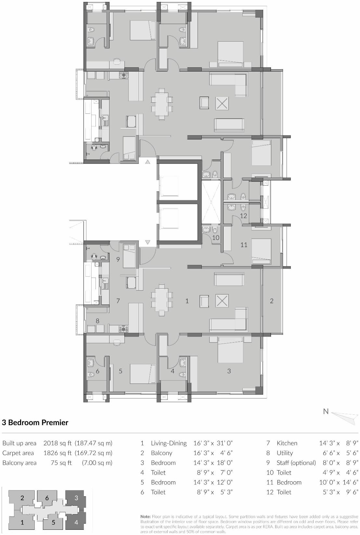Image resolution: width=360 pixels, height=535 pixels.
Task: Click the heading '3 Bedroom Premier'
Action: [x=35, y=423]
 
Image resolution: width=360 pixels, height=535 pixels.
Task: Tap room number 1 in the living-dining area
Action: [x=187, y=301]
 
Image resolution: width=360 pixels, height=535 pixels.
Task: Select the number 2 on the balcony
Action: [x=272, y=301]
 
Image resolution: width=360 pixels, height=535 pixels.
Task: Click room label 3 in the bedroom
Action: [x=229, y=371]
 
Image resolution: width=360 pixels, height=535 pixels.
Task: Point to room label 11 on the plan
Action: [x=244, y=245]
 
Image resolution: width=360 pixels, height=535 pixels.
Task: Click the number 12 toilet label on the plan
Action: [x=243, y=215]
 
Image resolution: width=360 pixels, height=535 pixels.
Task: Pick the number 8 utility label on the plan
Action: [x=97, y=321]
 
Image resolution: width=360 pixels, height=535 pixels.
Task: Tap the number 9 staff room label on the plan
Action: [x=118, y=259]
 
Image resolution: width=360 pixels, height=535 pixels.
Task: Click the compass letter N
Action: [x=326, y=411]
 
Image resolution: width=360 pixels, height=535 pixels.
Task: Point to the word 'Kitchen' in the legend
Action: [x=287, y=443]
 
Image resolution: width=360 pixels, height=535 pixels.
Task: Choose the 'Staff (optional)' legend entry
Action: [x=296, y=463]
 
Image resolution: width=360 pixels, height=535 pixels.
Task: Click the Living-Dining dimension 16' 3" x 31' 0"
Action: [x=213, y=443]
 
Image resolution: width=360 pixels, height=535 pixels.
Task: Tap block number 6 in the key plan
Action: [x=47, y=498]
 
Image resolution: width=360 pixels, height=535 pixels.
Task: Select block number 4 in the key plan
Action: [x=76, y=522]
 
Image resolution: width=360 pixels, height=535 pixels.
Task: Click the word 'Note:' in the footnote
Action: [x=145, y=516]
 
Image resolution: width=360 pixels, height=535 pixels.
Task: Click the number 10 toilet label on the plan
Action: [x=216, y=238]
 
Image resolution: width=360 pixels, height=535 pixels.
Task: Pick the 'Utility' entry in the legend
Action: [x=285, y=453]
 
